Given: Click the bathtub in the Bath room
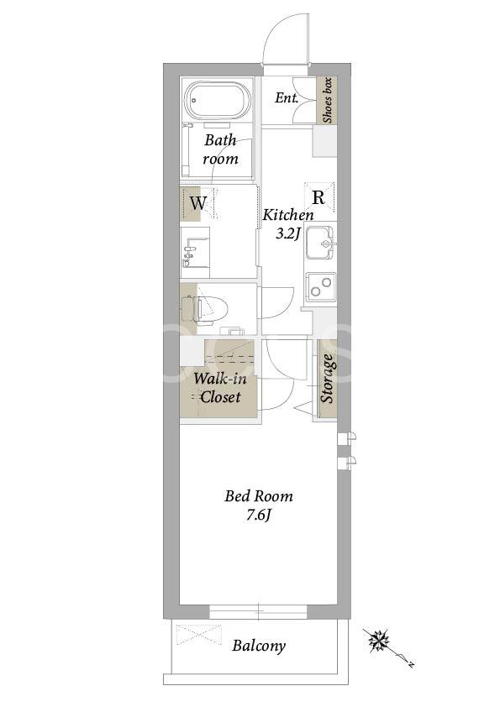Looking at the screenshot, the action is (x=218, y=101).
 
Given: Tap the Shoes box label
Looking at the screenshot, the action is (x=327, y=101).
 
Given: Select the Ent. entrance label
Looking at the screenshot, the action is (x=287, y=97).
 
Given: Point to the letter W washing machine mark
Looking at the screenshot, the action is (x=197, y=203).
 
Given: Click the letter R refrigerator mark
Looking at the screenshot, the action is (x=318, y=197).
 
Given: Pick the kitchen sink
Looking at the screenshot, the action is (x=321, y=244).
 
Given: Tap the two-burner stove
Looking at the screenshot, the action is (x=320, y=287).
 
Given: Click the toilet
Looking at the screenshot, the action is (x=205, y=309).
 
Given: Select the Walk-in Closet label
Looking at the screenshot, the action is (x=220, y=388).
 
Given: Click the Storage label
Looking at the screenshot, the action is (x=328, y=379).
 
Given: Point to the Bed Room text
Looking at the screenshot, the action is (x=259, y=496).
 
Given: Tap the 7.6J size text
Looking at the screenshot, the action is (x=258, y=515).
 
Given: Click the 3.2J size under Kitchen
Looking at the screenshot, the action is (x=288, y=234).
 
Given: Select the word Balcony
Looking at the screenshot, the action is (x=259, y=646).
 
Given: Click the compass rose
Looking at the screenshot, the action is (x=379, y=641).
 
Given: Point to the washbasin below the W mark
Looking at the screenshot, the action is (x=195, y=253).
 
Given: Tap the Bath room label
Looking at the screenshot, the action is (x=220, y=149).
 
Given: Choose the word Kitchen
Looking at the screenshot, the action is (x=288, y=215).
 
